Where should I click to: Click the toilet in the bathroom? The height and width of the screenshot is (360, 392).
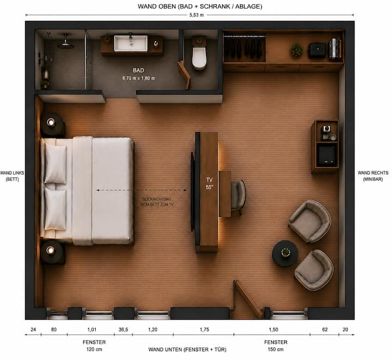pos(199,54)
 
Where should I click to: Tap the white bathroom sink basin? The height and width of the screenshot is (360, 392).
pos(131,43)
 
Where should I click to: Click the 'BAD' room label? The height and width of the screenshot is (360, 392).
pos(138,70)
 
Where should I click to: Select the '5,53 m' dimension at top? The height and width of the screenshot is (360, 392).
pos(197,15)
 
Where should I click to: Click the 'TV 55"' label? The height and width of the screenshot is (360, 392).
pos(209,183)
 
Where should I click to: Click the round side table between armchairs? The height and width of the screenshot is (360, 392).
pos(285,253)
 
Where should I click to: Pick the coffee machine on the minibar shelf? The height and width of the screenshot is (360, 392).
pos(327,132)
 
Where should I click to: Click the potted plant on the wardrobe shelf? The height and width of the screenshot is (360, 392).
pos(297,50)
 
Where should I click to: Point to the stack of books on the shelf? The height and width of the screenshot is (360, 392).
pos(335,49)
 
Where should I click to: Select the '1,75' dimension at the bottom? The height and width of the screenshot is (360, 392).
pos(204,330)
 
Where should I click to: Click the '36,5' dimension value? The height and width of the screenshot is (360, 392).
pos(123,330)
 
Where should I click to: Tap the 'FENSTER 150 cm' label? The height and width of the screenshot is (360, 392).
pos(275,345)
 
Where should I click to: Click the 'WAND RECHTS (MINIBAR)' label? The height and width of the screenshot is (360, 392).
pos(373,176)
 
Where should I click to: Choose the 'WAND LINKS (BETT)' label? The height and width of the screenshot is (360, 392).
pos(12,176)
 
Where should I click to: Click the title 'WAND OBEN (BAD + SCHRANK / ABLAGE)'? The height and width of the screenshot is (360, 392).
pos(200,7)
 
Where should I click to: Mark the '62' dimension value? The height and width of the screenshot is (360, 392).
pos(324,330)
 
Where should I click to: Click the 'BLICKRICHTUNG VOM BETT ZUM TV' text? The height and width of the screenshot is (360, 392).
pos(157,202)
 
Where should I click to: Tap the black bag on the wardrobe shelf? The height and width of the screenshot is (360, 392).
pos(317,50)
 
